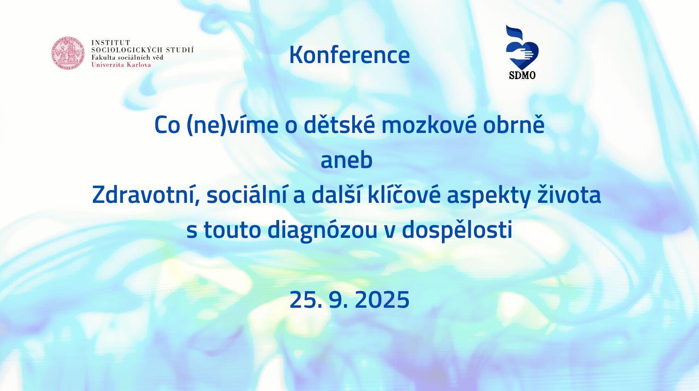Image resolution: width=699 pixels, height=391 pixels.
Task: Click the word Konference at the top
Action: pyautogui.click(x=349, y=55)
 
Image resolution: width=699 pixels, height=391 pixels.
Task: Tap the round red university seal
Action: pyautogui.click(x=68, y=53)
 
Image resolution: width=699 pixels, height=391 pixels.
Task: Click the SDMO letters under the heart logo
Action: pyautogui.click(x=522, y=75)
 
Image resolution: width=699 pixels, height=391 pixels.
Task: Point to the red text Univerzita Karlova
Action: pyautogui.click(x=121, y=65)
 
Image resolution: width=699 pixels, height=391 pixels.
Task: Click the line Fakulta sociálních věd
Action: pyautogui.click(x=127, y=57)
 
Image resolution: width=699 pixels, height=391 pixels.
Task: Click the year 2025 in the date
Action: pyautogui.click(x=382, y=300)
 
